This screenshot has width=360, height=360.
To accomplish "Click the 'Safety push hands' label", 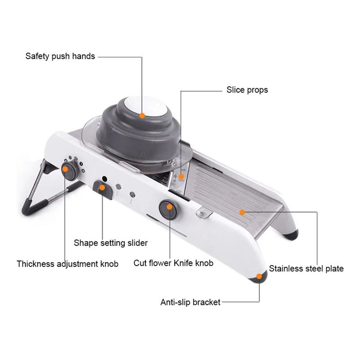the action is click(60, 56).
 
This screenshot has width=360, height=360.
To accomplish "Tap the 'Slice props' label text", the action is click(247, 90).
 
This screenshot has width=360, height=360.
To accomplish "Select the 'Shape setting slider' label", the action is click(111, 243).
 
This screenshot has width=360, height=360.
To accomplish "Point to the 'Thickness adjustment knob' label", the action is click(67, 264).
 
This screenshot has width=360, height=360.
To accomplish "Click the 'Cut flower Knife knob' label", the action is click(173, 263).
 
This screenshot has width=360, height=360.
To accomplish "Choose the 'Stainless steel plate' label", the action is click(306, 268).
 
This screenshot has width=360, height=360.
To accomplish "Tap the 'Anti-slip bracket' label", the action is click(190, 302).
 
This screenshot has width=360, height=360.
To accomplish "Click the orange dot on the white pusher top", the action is click(142, 116).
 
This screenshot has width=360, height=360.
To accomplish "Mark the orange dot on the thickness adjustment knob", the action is click(65, 169).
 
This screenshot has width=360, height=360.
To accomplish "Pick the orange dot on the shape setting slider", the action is click(102, 188).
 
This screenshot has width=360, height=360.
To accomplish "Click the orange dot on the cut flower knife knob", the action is click(170, 207).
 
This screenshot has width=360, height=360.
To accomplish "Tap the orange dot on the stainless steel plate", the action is click(242, 212).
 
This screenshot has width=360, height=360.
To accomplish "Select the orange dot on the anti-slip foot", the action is click(259, 276).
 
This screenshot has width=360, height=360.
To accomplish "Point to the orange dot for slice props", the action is click(181, 176).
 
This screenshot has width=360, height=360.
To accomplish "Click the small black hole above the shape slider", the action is click(104, 179).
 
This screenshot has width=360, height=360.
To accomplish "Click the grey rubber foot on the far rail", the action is click(291, 234).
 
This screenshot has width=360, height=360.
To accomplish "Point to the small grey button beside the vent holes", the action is click(132, 194).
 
